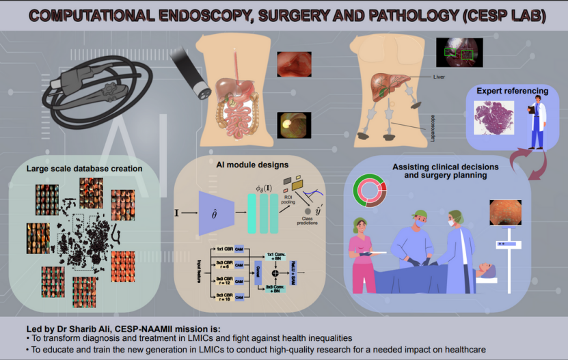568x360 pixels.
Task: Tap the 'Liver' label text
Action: (439, 77)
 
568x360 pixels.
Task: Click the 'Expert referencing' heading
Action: (512, 91)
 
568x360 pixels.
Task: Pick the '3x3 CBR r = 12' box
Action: (222, 280)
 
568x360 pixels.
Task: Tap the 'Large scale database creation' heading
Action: (84, 168)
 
